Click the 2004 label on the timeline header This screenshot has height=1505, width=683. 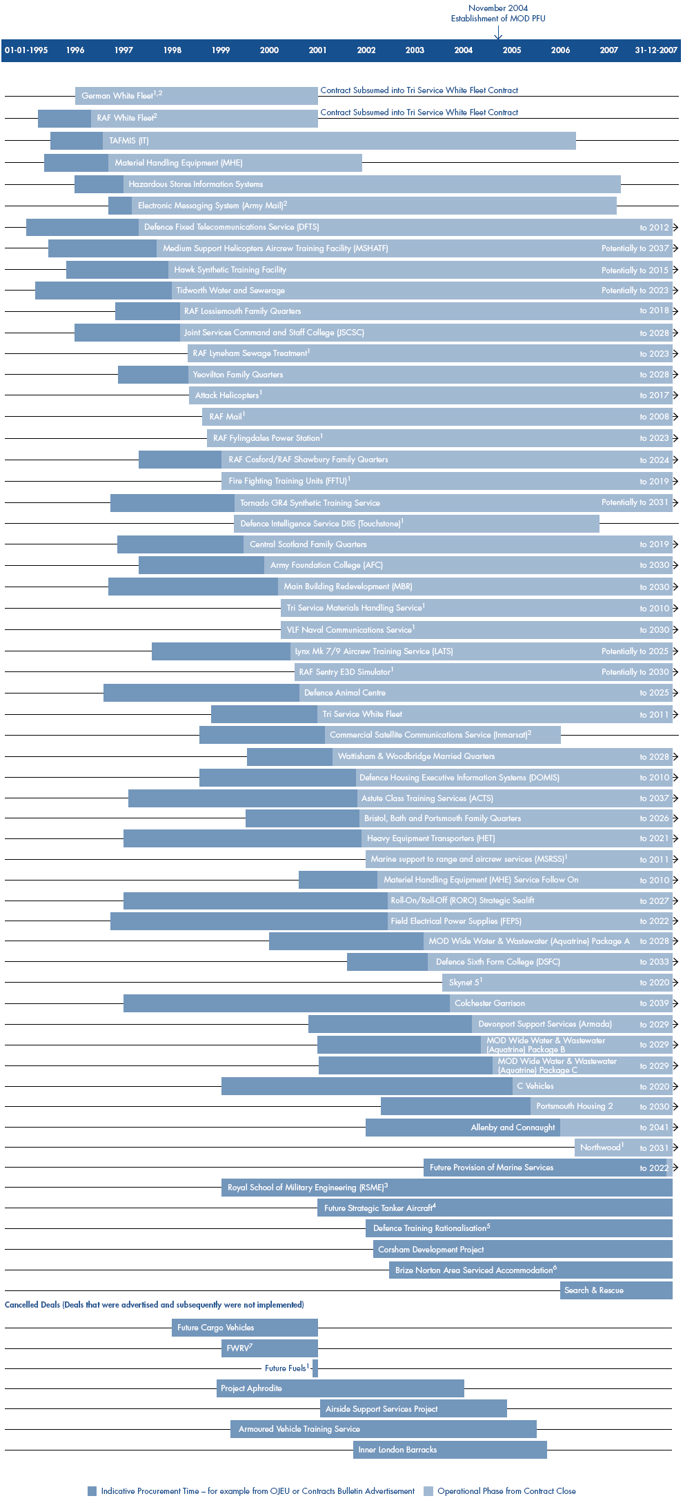463,50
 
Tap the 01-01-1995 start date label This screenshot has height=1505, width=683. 26,50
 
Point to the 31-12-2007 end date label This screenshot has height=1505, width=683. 655,50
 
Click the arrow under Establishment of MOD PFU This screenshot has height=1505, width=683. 498,32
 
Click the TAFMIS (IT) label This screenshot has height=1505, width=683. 129,141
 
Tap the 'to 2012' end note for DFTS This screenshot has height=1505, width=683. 654,228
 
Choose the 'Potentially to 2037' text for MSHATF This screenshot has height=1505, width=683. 635,248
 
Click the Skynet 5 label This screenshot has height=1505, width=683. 465,982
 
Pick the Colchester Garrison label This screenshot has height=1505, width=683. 490,1003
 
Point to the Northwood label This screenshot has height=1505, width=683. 601,1148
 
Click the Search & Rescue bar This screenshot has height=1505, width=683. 615,1290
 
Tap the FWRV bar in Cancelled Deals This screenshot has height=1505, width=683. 269,1348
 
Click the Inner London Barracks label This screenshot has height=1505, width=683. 397,1450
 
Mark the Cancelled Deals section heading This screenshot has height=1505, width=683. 154,1305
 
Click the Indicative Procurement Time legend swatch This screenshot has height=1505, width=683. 92,1491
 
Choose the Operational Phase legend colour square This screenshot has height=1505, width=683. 428,1491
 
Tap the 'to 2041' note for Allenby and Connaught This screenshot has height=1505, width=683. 654,1128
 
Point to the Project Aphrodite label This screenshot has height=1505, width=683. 251,1388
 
